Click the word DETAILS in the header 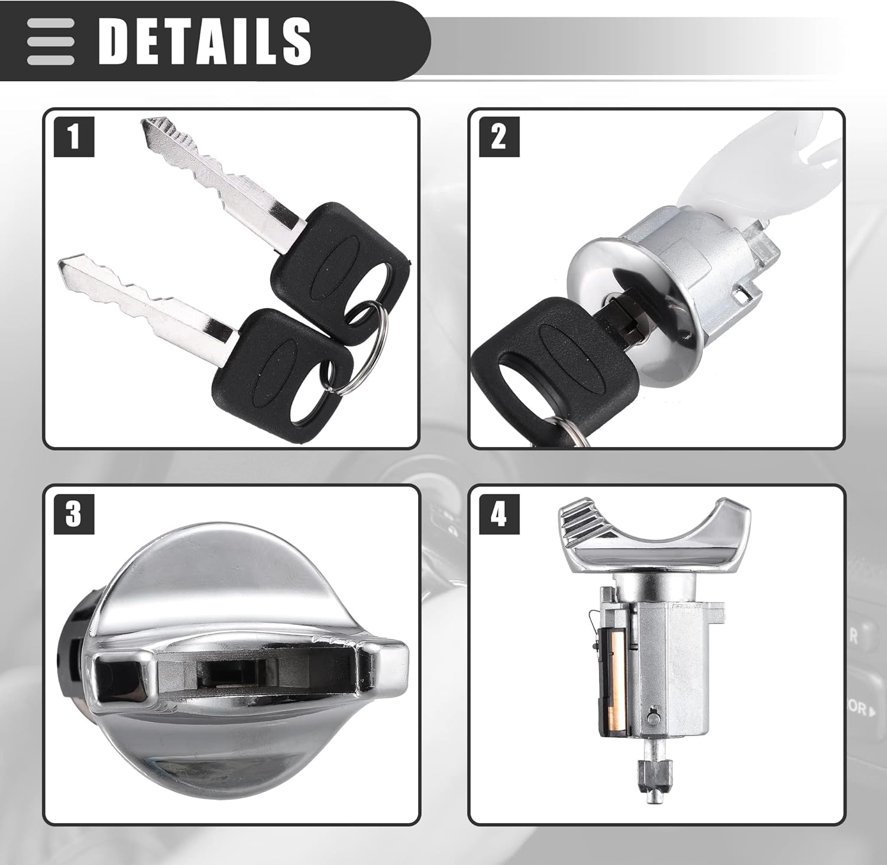(204, 40)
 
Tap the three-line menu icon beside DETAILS (50, 41)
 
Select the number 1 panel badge (74, 137)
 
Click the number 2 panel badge (499, 137)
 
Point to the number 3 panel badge (74, 514)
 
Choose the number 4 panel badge (499, 514)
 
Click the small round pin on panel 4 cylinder (652, 717)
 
